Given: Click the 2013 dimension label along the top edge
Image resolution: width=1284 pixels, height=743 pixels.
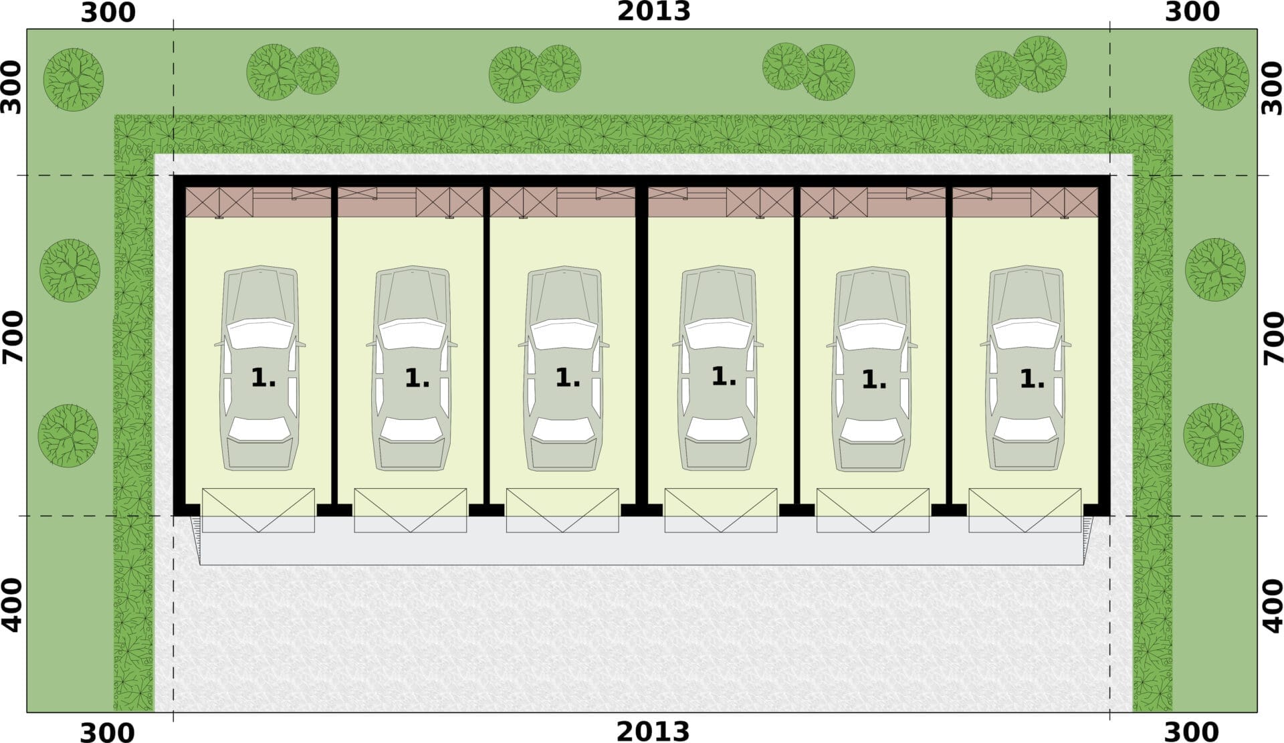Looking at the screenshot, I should [653, 11].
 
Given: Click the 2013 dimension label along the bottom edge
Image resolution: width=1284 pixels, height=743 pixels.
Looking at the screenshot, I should [653, 731].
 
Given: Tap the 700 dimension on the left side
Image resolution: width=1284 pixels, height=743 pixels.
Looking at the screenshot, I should [13, 337].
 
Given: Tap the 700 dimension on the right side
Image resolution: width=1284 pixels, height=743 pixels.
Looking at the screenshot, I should [1273, 337].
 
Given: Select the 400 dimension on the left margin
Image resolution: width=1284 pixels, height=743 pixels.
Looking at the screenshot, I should [13, 606].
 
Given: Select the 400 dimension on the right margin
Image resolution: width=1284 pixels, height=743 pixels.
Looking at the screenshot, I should [1273, 606].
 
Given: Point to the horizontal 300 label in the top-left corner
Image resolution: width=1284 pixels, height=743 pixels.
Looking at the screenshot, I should [108, 13].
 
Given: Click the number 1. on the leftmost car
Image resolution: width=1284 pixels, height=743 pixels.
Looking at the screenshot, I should [263, 379].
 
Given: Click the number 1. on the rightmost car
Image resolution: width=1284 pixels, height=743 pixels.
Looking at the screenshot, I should [1031, 380].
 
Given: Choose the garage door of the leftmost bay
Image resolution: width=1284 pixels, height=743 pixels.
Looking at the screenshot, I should [258, 510].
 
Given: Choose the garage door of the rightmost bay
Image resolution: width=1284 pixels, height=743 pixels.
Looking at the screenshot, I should [1025, 510].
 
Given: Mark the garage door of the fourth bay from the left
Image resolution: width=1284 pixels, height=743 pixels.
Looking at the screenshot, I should [720, 510].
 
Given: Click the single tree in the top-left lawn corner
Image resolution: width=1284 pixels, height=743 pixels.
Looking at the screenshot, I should [74, 79].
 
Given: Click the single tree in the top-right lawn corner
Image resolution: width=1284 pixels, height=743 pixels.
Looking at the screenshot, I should [1218, 78].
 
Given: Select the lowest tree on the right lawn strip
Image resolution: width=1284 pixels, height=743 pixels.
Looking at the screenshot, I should [1213, 435].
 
